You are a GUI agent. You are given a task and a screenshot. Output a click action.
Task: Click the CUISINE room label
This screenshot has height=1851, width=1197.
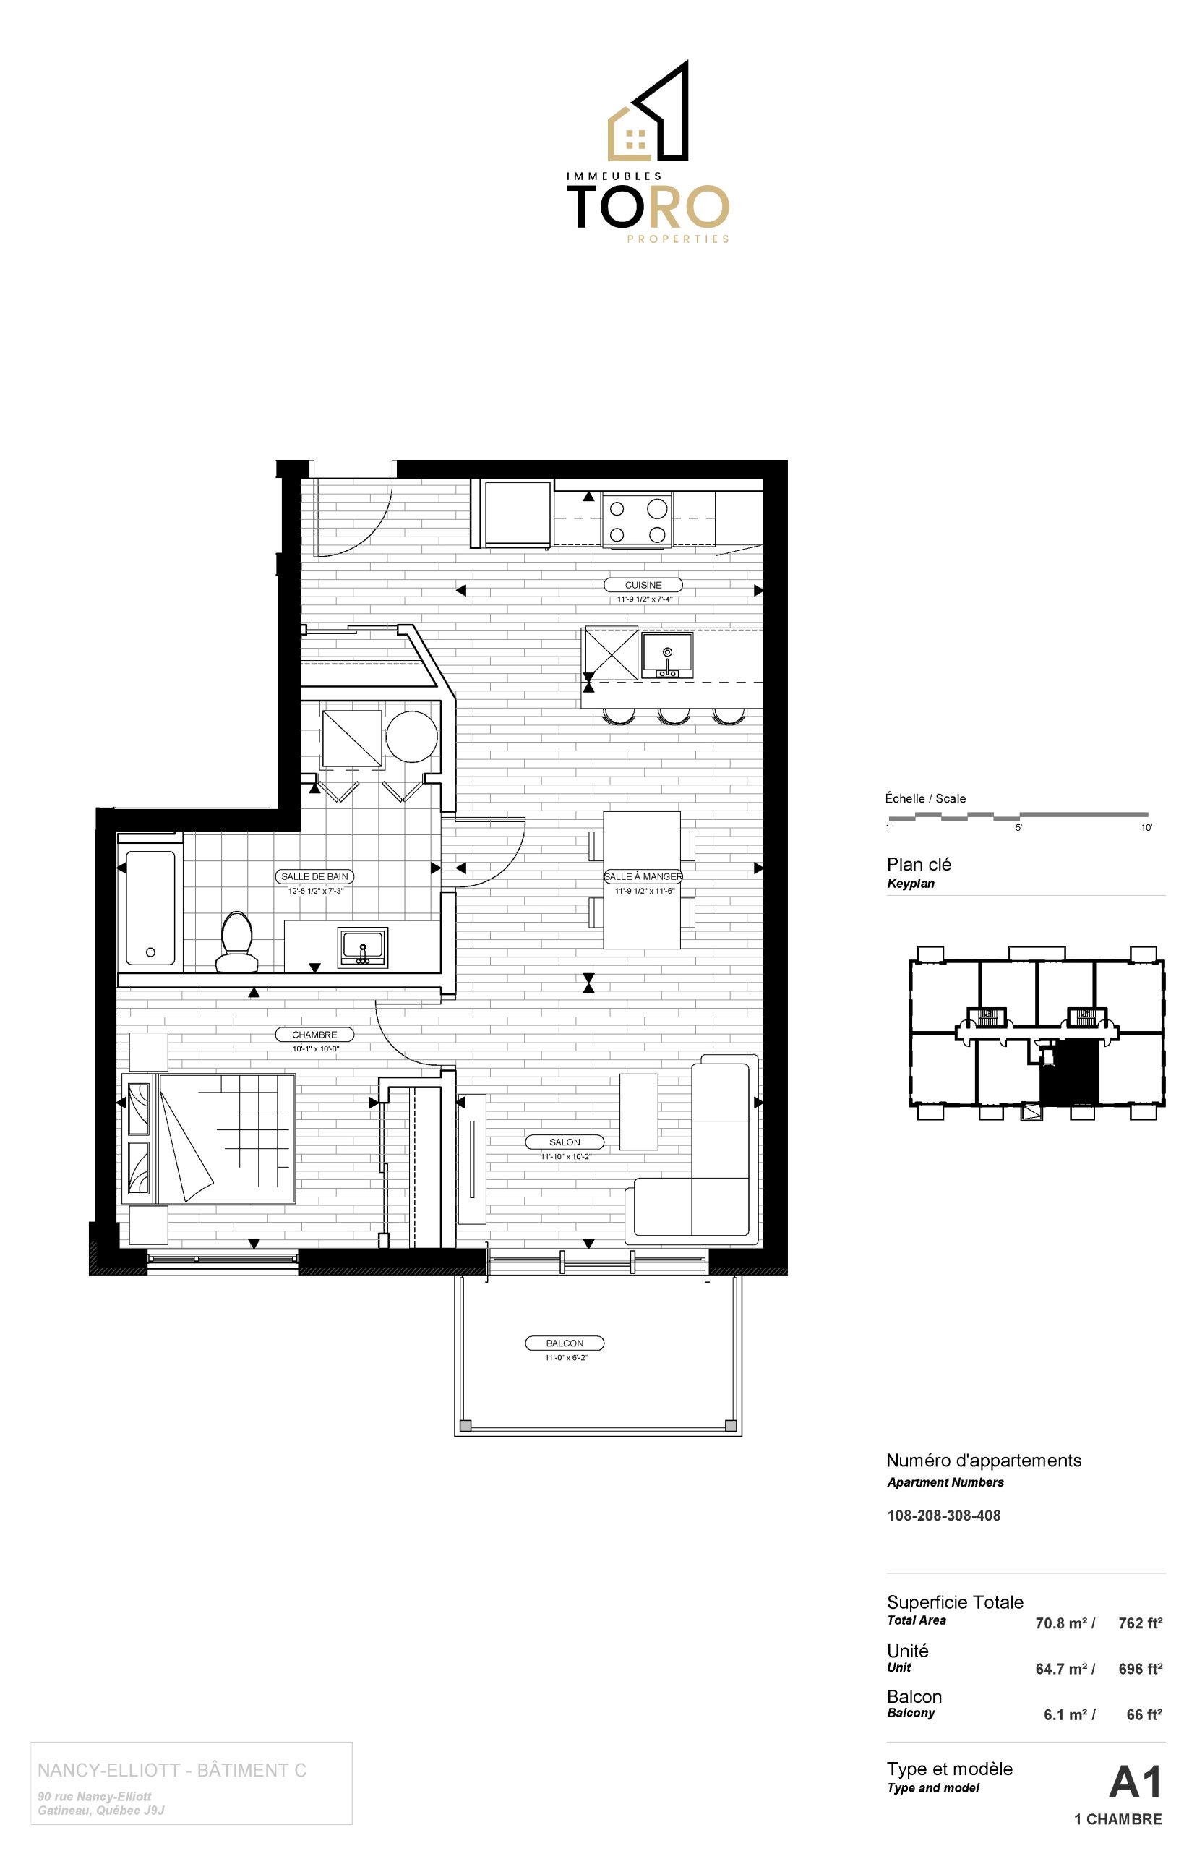[x=643, y=585]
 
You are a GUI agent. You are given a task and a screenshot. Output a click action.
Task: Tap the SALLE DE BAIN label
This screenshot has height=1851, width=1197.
[x=315, y=876]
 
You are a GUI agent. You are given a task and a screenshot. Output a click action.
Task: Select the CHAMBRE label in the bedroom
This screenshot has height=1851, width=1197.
[x=315, y=1035]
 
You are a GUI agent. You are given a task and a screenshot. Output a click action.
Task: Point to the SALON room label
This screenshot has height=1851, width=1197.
[x=565, y=1142]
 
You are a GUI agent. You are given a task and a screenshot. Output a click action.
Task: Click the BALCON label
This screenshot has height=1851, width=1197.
[x=565, y=1343]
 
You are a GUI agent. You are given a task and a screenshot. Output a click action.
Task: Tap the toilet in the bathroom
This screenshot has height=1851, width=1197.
[x=236, y=942]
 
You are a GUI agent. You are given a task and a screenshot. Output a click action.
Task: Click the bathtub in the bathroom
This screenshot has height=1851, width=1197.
[x=150, y=908]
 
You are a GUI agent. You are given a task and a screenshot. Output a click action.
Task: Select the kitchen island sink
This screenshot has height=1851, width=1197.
[x=667, y=655]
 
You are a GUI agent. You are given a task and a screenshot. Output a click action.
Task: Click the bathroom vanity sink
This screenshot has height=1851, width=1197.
[x=363, y=947]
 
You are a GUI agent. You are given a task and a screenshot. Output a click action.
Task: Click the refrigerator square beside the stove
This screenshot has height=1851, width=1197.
[x=517, y=514]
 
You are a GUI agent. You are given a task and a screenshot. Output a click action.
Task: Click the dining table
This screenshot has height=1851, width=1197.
[x=642, y=879]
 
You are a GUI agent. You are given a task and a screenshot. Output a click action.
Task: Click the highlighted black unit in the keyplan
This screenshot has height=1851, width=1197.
[x=1070, y=1073]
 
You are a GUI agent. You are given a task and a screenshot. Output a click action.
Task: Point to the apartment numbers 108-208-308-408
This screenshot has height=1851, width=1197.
[x=943, y=1516]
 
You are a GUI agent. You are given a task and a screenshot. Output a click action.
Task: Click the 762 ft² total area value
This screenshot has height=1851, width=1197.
[x=1141, y=1623]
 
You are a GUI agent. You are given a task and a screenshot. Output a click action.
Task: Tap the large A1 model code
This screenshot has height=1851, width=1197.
[x=1135, y=1782]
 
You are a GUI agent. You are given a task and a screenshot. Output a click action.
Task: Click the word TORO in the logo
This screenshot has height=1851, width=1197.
[x=648, y=206]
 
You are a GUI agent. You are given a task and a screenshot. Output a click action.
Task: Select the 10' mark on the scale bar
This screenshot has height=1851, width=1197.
[x=1146, y=828]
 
